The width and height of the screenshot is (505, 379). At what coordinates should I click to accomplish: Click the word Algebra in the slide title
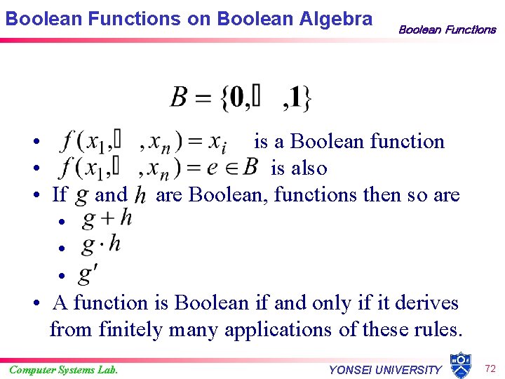tap(337, 19)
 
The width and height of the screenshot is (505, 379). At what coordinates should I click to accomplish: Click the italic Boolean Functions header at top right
tap(447, 29)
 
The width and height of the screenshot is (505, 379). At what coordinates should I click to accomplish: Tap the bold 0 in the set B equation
tap(236, 98)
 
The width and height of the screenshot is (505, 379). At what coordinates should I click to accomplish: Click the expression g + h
tap(107, 219)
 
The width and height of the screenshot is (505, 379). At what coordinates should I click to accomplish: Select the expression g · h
tap(102, 245)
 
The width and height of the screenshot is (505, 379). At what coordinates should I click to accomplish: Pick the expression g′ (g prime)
tap(89, 272)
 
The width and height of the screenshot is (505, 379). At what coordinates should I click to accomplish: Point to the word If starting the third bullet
tap(60, 194)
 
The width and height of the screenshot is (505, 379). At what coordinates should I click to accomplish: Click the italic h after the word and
tap(140, 194)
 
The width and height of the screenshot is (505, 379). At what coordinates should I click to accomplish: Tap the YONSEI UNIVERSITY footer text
tap(385, 370)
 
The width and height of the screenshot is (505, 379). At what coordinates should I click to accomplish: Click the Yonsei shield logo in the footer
tap(459, 365)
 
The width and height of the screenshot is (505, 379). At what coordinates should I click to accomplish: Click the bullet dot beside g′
tap(62, 275)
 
